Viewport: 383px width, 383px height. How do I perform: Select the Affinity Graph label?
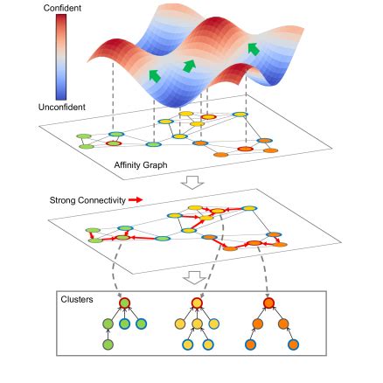tap(141, 164)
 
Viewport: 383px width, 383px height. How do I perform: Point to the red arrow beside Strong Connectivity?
tap(136, 200)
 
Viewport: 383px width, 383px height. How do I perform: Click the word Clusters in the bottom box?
tap(77, 298)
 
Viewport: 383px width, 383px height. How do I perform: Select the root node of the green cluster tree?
tap(124, 303)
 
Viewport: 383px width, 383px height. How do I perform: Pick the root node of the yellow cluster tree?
tap(199, 304)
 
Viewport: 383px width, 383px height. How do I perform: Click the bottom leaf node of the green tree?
tap(108, 345)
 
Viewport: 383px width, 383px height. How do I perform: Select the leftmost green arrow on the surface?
tap(156, 77)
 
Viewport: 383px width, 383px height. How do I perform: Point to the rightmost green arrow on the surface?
tap(253, 48)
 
